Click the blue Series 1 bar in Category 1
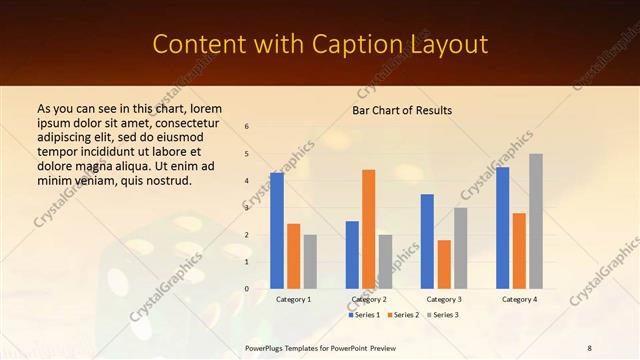pyautogui.click(x=277, y=230)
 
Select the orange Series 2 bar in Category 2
pyautogui.click(x=369, y=228)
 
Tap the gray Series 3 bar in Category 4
pyautogui.click(x=536, y=221)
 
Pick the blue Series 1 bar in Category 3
pyautogui.click(x=427, y=241)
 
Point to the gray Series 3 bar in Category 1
pyautogui.click(x=310, y=261)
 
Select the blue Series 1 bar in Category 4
pyautogui.click(x=502, y=227)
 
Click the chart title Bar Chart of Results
pyautogui.click(x=402, y=110)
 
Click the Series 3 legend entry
pyautogui.click(x=443, y=315)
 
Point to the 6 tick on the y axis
pyautogui.click(x=247, y=127)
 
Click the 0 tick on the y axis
pyautogui.click(x=247, y=289)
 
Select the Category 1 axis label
pyautogui.click(x=293, y=299)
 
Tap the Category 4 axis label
pyautogui.click(x=519, y=299)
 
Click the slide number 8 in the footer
pyautogui.click(x=590, y=347)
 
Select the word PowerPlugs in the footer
pyautogui.click(x=269, y=347)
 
